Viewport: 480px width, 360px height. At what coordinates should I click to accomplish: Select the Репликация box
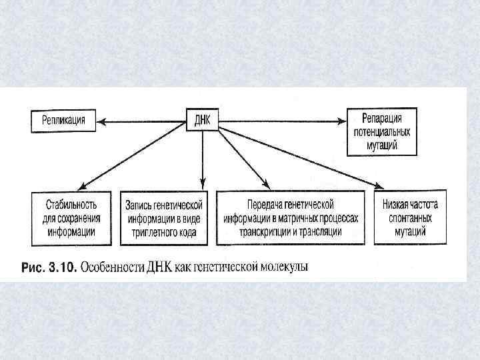tap(63, 122)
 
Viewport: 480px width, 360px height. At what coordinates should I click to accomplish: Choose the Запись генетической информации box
tap(163, 217)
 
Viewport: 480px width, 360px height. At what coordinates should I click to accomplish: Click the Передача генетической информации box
tap(292, 217)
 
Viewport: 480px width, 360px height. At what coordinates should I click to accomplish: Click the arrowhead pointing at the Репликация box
tap(99, 122)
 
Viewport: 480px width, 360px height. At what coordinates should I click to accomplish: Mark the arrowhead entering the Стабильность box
tap(81, 187)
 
